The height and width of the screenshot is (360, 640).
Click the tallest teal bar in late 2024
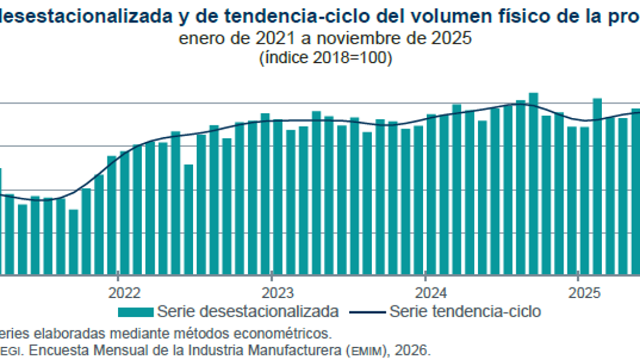coord(533,183)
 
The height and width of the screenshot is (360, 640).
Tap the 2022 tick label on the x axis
coord(118,293)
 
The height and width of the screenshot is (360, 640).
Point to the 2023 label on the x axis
coord(271,293)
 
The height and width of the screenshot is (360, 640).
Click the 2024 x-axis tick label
coord(425,293)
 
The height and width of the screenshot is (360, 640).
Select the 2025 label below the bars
coord(578,293)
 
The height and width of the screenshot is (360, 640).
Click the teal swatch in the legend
coord(136,311)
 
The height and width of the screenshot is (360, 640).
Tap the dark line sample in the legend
coord(367,312)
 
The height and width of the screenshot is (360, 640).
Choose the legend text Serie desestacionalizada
coord(248,311)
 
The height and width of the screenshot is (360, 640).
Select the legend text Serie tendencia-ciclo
coord(464,311)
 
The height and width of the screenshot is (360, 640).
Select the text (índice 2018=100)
coord(326,58)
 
